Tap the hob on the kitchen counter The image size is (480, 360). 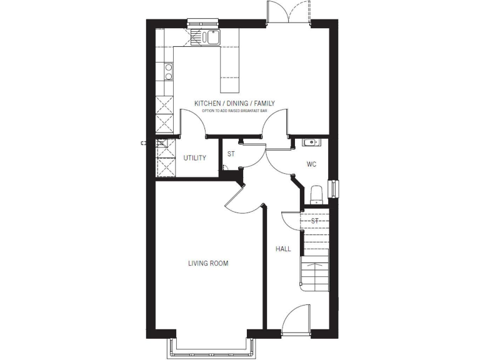coord(167,72)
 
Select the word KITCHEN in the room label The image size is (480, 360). coord(207,104)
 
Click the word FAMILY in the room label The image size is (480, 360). coord(262,104)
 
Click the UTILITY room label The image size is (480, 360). coord(194,158)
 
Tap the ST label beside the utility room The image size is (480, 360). coord(231,154)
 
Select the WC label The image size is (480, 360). coord(311,164)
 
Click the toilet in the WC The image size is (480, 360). coord(316,194)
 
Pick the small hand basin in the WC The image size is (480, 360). coord(311,142)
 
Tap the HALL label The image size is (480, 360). coord(283,249)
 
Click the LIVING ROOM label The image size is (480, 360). coord(208,264)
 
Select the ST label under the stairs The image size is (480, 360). coord(315,221)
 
